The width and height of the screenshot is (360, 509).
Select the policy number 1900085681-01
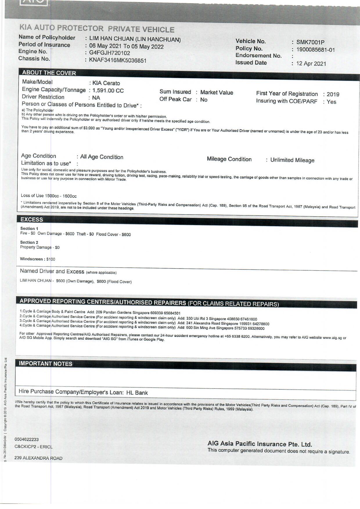tap(315, 50)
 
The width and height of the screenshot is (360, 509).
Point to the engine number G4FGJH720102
tap(109, 53)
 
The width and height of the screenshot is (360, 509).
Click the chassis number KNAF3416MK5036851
tap(118, 60)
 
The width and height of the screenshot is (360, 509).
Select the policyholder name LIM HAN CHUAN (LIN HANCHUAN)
tap(135, 39)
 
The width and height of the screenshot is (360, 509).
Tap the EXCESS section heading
tap(32, 220)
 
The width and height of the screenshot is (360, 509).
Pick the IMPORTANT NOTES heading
tap(46, 364)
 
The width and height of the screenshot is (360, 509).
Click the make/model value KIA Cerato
tap(106, 83)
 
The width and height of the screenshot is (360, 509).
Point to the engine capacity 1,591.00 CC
tap(108, 91)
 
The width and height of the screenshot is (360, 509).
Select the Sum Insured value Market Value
tap(217, 93)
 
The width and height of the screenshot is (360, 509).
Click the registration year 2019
tap(333, 94)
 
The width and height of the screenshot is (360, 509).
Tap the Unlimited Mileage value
tap(292, 160)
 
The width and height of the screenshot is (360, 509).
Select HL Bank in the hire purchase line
tap(137, 393)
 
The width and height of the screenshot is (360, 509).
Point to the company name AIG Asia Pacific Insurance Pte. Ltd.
tap(260, 444)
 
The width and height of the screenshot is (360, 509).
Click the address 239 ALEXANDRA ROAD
tap(38, 458)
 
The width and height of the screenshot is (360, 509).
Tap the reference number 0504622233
tap(26, 440)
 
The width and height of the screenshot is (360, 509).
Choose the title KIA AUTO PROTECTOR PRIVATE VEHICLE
tap(97, 29)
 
